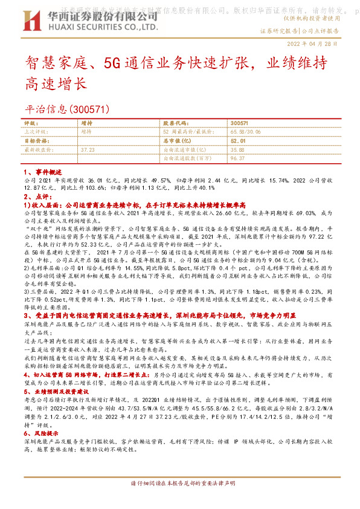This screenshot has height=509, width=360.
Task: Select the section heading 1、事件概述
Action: coord(42,172)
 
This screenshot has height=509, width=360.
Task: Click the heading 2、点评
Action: coord(36,196)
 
